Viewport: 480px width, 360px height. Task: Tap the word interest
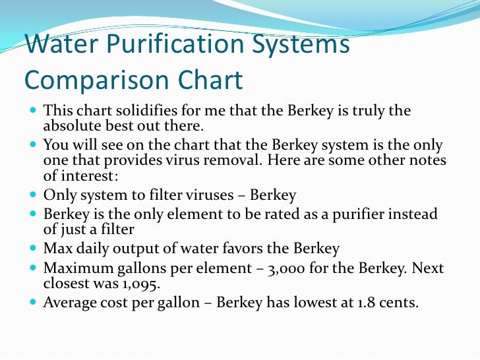tap(90, 176)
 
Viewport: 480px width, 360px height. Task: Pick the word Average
tap(71, 303)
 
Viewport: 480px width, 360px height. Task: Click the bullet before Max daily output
tap(34, 249)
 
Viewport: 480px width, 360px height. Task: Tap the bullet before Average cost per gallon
tap(34, 303)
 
